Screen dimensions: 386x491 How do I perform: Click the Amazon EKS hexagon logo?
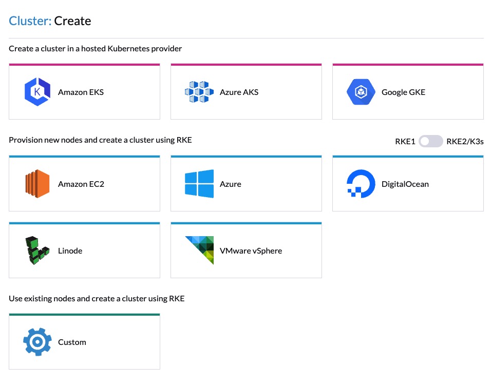37,92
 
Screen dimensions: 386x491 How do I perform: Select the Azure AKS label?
239,92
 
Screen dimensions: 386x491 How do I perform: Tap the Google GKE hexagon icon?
361,92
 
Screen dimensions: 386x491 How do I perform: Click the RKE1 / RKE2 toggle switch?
430,141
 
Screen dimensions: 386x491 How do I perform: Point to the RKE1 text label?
405,141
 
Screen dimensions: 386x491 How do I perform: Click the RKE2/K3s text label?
465,141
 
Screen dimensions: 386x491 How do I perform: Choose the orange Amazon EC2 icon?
37,184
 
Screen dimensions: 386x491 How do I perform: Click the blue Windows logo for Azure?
199,184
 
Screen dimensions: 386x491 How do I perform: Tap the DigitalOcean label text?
405,184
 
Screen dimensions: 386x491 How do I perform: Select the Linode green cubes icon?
37,250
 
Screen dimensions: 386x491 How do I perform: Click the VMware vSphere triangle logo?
199,250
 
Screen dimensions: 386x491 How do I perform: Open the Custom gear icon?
37,342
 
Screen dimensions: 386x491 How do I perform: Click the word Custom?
72,342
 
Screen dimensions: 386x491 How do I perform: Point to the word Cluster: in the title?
30,21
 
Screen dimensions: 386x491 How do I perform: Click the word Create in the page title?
72,21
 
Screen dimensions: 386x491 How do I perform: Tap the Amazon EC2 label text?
81,184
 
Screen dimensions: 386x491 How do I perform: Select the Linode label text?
70,250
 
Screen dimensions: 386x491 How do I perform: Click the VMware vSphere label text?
251,250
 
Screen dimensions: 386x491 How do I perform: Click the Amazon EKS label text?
81,92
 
